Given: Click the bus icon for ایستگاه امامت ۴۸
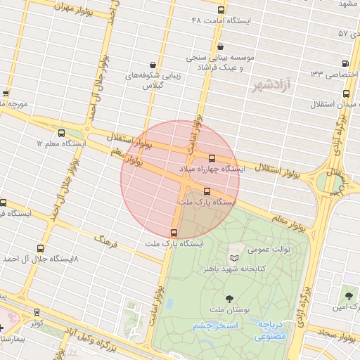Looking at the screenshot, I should (221, 10).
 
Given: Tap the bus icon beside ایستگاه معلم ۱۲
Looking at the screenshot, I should (61, 133).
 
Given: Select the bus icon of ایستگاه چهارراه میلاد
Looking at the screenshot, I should (212, 158).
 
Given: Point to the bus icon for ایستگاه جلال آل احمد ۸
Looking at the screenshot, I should (39, 248).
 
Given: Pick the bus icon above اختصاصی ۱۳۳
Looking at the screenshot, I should (344, 63).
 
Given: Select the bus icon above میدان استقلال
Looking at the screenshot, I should (346, 94).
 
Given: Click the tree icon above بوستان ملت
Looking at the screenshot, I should (230, 299).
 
